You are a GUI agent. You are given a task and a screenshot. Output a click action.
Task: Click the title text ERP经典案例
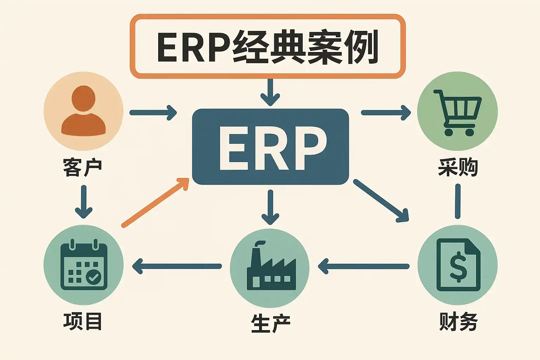pos(267,47)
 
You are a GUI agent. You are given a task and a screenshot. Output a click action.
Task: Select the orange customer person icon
pos(83,111)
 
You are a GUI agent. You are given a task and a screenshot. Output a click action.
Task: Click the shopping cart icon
pos(457,112)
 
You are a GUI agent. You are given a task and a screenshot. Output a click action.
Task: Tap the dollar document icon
pos(458,265)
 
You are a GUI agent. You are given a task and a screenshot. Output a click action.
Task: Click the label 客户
pos(83,167)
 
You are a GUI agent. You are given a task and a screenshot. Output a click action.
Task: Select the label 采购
pos(458,167)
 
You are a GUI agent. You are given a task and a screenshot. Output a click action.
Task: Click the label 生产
pos(270,323)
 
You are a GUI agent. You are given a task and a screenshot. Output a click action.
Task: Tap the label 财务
pos(458,321)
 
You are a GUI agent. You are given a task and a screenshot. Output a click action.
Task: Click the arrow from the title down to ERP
pos(270,92)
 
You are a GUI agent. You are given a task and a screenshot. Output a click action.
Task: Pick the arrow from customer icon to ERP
pos(153,112)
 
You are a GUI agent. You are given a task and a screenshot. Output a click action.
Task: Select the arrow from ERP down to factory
pos(270,207)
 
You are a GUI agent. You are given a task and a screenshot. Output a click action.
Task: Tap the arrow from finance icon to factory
pos(364,266)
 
